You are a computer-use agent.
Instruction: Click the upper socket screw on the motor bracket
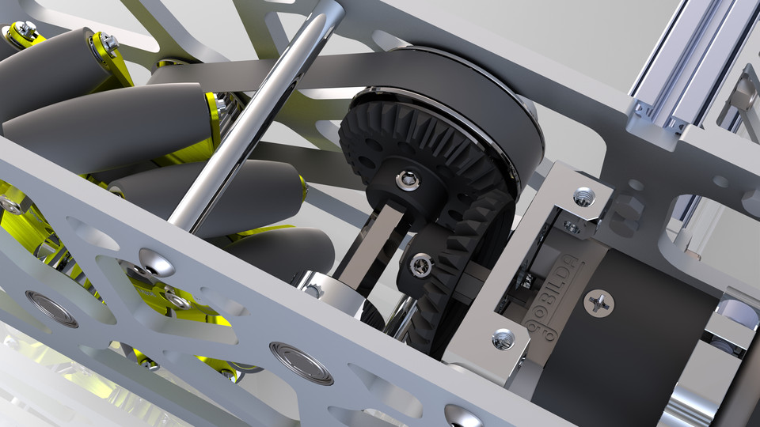pyautogui.click(x=583, y=195)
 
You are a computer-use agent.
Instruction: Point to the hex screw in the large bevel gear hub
pyautogui.click(x=408, y=181)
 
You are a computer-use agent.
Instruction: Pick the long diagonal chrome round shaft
pyautogui.click(x=253, y=119)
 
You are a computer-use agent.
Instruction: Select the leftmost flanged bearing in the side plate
pyautogui.click(x=51, y=308)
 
